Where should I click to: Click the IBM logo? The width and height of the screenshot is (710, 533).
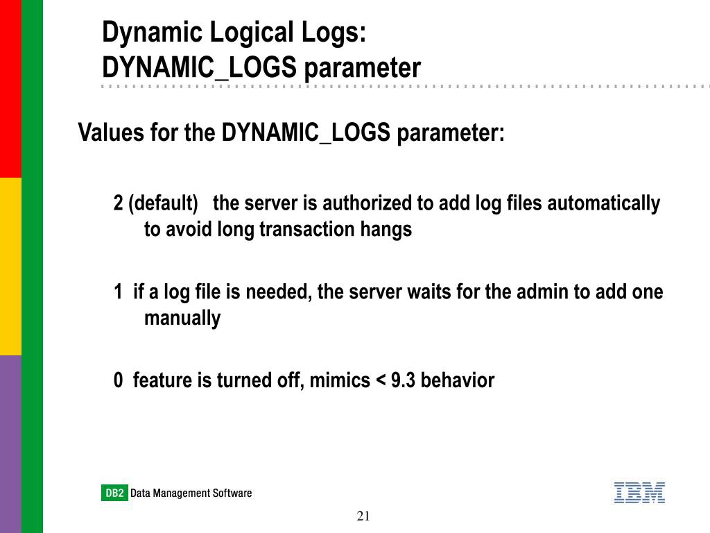coord(639,493)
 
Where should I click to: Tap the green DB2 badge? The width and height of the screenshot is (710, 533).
coord(114,493)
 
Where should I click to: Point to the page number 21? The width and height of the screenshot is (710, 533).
coord(364,516)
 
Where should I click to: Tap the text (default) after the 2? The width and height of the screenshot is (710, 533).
coord(164,203)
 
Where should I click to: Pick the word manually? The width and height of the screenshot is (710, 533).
coord(182,319)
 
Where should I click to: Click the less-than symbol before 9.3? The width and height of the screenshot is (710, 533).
coord(379,381)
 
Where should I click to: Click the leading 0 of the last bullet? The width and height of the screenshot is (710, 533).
coord(119,380)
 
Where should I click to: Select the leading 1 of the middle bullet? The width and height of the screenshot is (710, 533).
coord(119,292)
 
